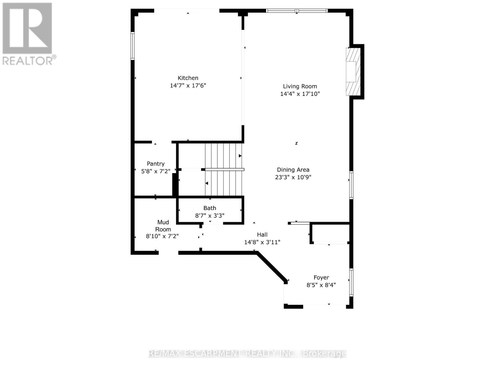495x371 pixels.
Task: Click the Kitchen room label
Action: coord(188,78)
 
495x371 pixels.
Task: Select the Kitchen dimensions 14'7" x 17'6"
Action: coord(188,86)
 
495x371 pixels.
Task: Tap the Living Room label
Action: coord(300,87)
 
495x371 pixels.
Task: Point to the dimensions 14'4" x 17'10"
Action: coord(300,94)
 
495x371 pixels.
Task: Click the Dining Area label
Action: coord(293,170)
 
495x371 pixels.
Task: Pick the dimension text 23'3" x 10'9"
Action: coord(293,177)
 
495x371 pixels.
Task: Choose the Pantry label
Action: coord(156,164)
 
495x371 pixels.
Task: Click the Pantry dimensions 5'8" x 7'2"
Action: coord(156,171)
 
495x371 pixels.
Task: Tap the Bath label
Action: coord(210,208)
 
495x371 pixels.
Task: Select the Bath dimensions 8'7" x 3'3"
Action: coord(210,215)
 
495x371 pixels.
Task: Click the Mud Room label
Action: coord(163,226)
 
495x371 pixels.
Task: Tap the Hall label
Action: coord(262,235)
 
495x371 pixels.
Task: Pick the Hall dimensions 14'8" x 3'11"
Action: coord(262,242)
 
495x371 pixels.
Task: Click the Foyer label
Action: coord(321,278)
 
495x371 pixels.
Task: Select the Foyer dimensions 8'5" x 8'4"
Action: coord(321,285)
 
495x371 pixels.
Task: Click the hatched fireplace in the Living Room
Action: coord(353,72)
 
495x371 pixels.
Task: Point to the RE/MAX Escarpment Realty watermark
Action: coord(247,353)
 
